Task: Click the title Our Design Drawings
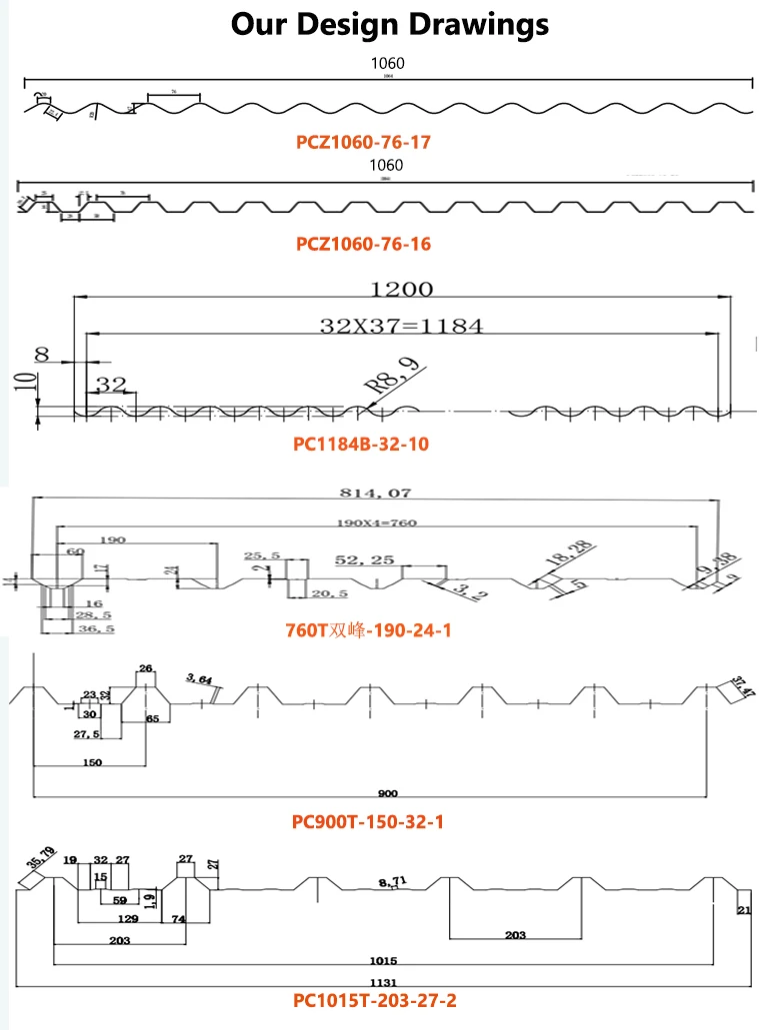click(x=389, y=24)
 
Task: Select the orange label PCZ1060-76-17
click(x=363, y=143)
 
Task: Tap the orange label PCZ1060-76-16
click(x=363, y=244)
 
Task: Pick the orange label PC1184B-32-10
click(x=360, y=443)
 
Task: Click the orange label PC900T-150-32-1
click(x=367, y=822)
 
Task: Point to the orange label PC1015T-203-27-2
click(x=375, y=1000)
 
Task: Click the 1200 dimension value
click(x=401, y=290)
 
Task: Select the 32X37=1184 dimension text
click(x=401, y=325)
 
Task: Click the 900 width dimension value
click(x=388, y=793)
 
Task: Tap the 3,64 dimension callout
click(x=199, y=679)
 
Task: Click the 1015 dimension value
click(x=383, y=961)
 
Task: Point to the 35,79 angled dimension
click(x=43, y=862)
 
